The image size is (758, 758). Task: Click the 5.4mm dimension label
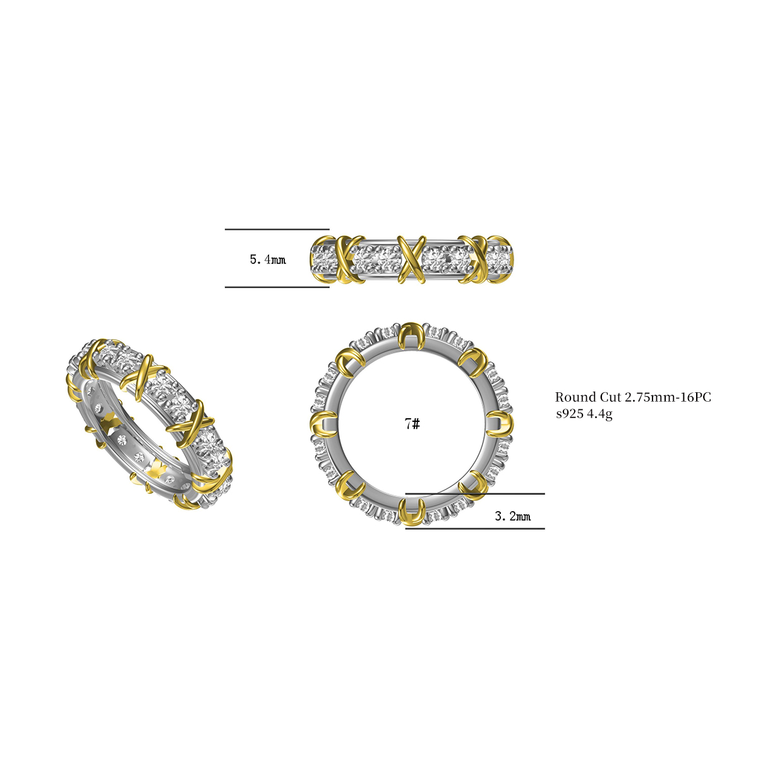268,259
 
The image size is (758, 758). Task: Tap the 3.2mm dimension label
512,517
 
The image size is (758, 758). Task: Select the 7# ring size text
412,424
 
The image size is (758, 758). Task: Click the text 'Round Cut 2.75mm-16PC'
633,397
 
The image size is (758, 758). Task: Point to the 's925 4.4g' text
584,414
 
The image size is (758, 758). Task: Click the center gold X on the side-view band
411,258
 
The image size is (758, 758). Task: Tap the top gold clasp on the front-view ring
411,335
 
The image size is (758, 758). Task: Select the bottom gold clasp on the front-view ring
412,512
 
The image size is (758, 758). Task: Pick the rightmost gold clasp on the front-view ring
500,423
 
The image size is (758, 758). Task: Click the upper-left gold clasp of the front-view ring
349,360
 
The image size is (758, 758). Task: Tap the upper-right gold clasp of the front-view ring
473,361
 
